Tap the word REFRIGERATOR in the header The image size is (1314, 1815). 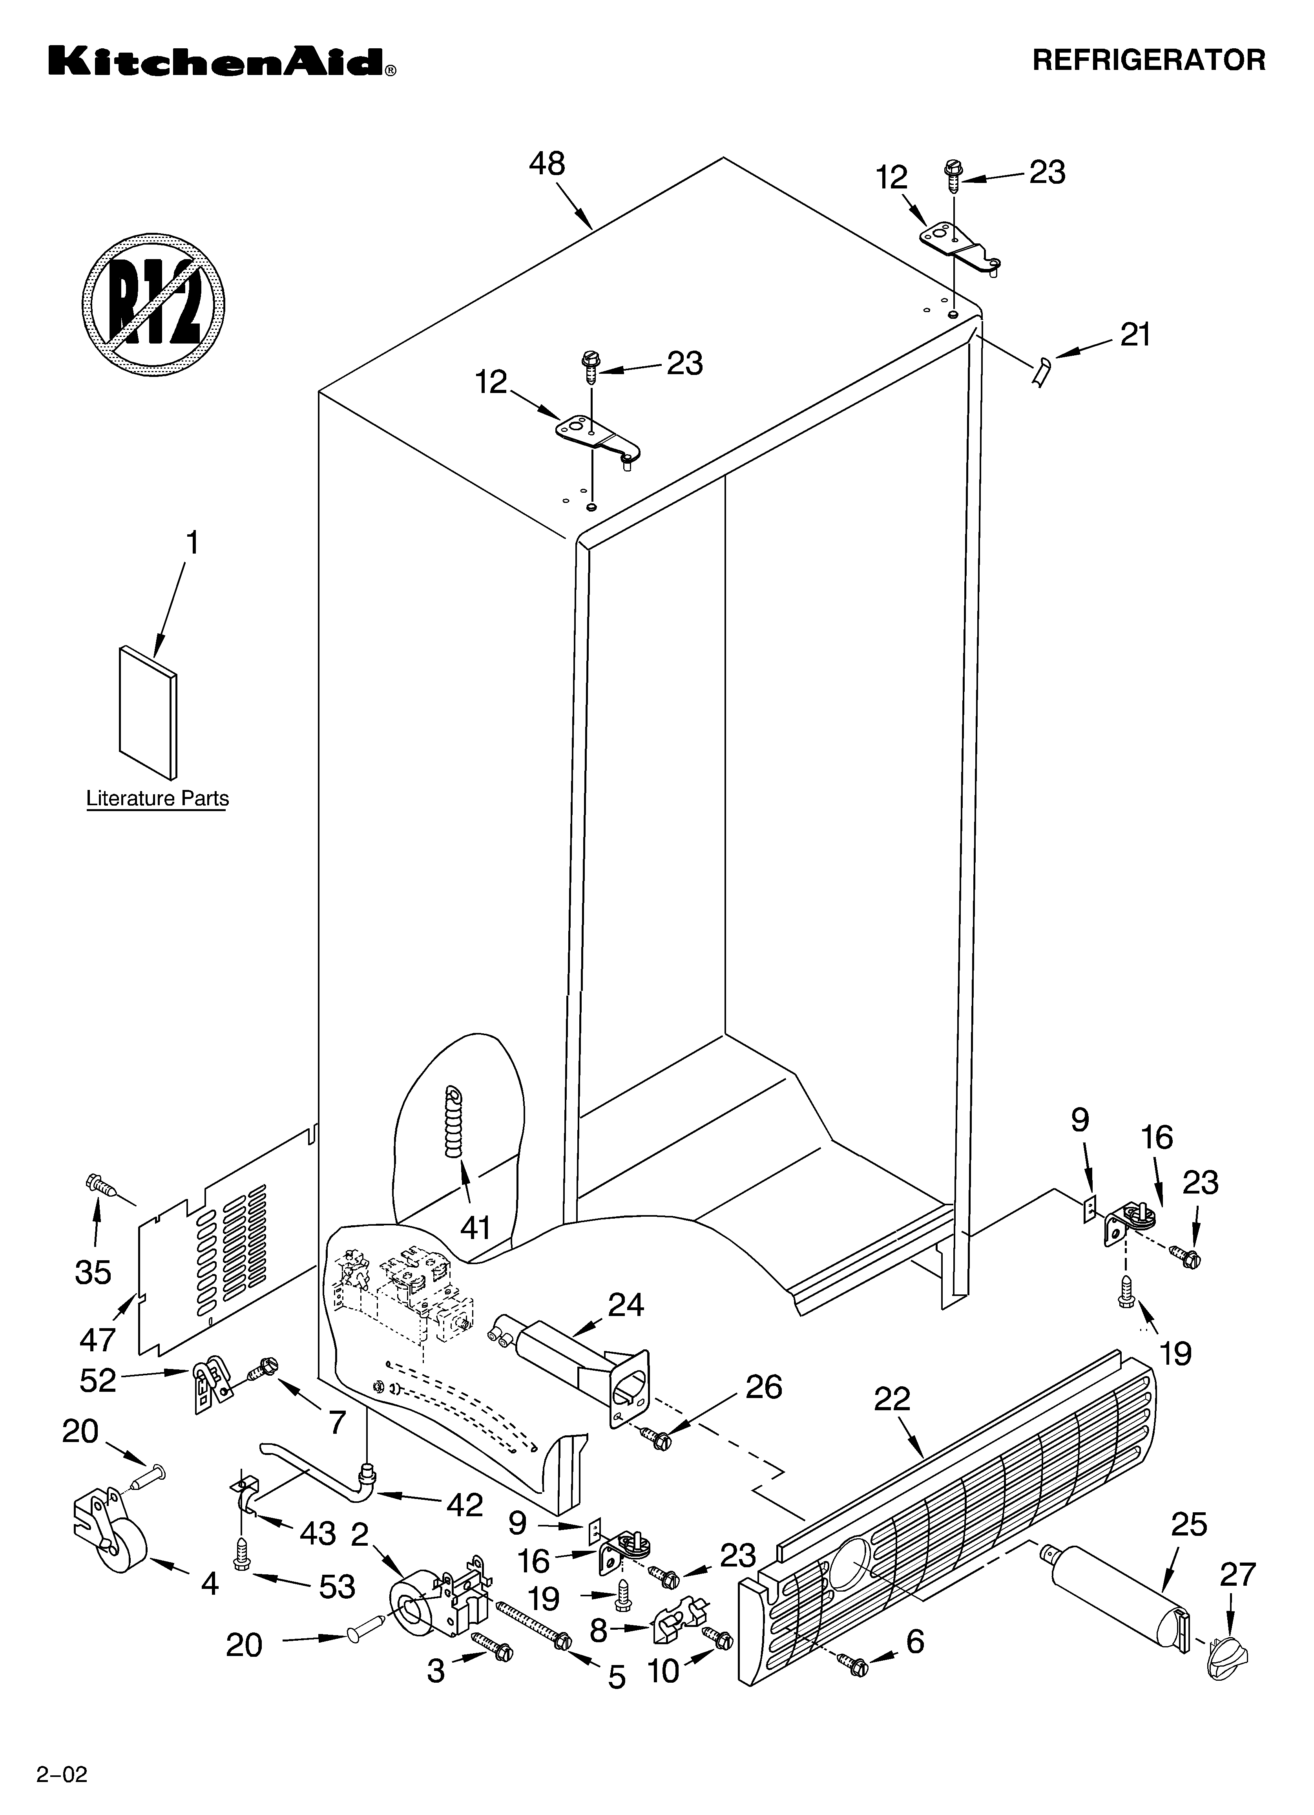click(x=1148, y=60)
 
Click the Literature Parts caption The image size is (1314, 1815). click(x=157, y=799)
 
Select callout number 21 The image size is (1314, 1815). click(x=1135, y=334)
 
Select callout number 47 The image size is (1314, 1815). click(x=98, y=1338)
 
